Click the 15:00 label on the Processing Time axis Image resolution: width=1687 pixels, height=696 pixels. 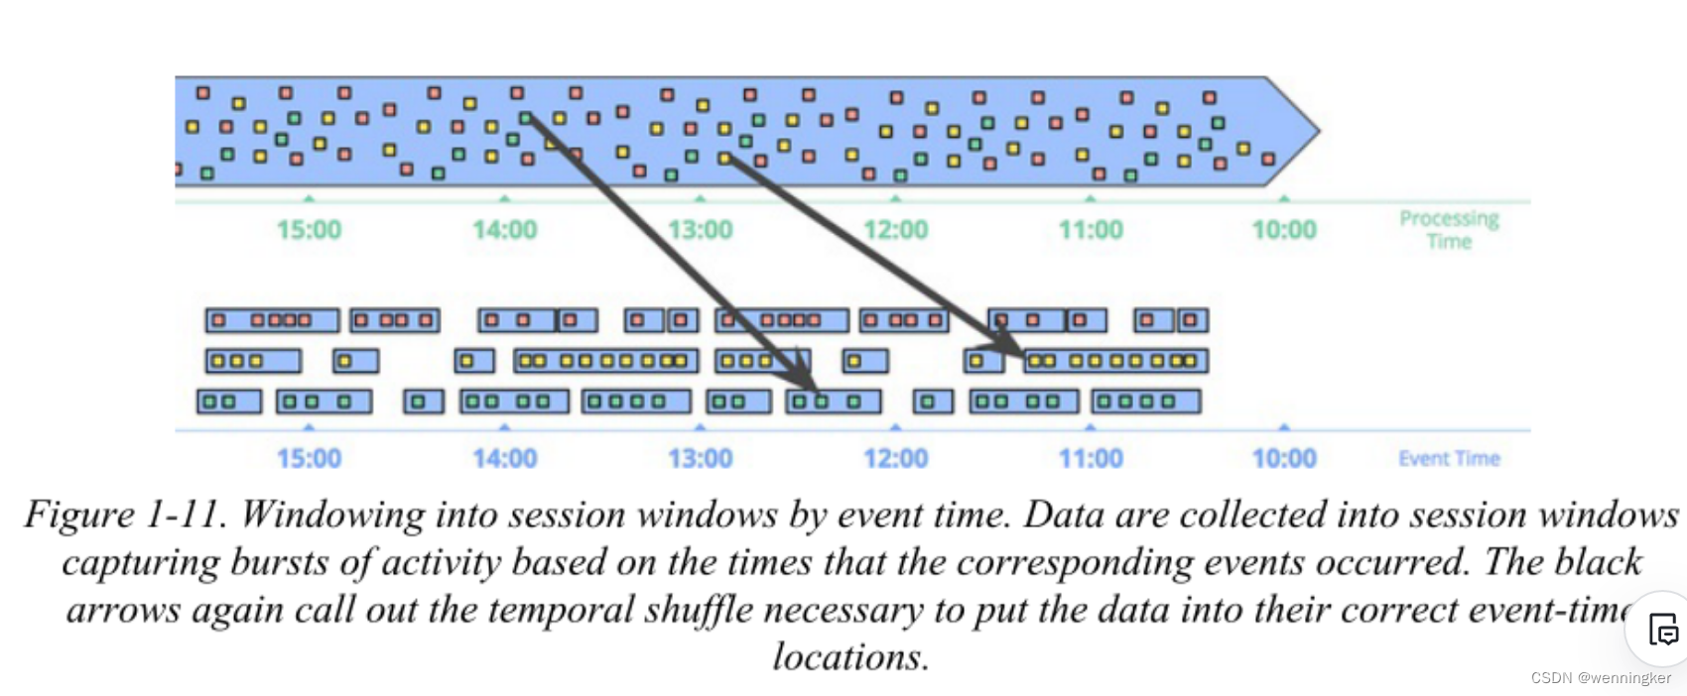pyautogui.click(x=309, y=230)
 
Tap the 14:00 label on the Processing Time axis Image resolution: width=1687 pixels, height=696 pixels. pyautogui.click(x=504, y=230)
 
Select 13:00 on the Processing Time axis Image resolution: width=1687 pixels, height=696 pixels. pyautogui.click(x=700, y=230)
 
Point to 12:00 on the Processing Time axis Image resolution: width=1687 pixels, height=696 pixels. pyautogui.click(x=895, y=230)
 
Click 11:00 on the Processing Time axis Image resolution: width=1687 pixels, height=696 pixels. pyautogui.click(x=1091, y=230)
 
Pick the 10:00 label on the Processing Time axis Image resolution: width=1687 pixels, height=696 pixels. pyautogui.click(x=1284, y=230)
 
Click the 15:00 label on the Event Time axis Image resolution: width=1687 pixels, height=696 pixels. pyautogui.click(x=309, y=459)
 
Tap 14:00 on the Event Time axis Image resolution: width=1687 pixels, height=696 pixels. pyautogui.click(x=504, y=459)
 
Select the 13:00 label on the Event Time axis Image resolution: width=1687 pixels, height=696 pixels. pyautogui.click(x=700, y=459)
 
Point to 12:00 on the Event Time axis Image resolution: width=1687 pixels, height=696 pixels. pyautogui.click(x=895, y=459)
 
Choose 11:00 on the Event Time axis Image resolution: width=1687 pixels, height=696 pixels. pyautogui.click(x=1091, y=459)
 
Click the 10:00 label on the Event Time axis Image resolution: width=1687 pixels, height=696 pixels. pyautogui.click(x=1284, y=459)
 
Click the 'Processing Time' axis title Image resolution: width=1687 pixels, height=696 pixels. pyautogui.click(x=1449, y=229)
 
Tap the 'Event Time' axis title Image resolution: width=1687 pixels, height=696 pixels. pyautogui.click(x=1449, y=458)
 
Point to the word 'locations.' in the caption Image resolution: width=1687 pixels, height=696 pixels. pyautogui.click(x=850, y=656)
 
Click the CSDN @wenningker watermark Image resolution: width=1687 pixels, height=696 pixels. pyautogui.click(x=1601, y=678)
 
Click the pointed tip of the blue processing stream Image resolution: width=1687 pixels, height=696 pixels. pyautogui.click(x=1316, y=130)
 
